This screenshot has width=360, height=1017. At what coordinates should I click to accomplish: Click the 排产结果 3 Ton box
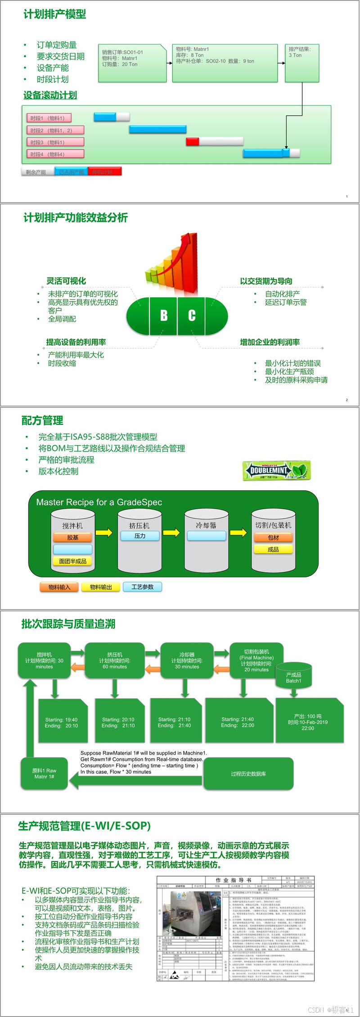pos(302,63)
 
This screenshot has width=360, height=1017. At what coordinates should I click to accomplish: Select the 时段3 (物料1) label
pos(55,142)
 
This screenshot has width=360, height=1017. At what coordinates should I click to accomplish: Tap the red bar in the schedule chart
pos(193,142)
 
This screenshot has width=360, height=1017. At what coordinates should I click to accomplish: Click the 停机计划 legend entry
pos(105,172)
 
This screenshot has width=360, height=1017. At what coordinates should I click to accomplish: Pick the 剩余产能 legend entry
pos(37,172)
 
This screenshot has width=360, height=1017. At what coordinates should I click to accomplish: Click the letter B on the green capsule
pos(164,316)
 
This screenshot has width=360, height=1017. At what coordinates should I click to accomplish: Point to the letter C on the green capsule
pos(192,316)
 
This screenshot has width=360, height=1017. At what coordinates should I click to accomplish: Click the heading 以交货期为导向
pos(266,281)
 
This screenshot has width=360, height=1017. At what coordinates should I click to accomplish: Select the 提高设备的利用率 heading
pos(76,342)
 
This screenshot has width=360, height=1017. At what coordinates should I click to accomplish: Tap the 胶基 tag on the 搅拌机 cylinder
pos(72,538)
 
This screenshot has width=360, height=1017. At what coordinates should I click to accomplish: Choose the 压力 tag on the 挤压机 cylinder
pos(140,536)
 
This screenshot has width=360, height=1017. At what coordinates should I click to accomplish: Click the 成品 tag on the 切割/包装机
pos(273,549)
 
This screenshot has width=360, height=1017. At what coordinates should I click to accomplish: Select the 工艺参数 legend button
pos(142,587)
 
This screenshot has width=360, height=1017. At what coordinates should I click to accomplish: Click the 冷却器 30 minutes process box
pos(187,660)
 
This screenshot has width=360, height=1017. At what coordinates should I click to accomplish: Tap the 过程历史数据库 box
pos(248,773)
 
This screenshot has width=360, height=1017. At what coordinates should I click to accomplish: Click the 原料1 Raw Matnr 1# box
pos(44,773)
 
